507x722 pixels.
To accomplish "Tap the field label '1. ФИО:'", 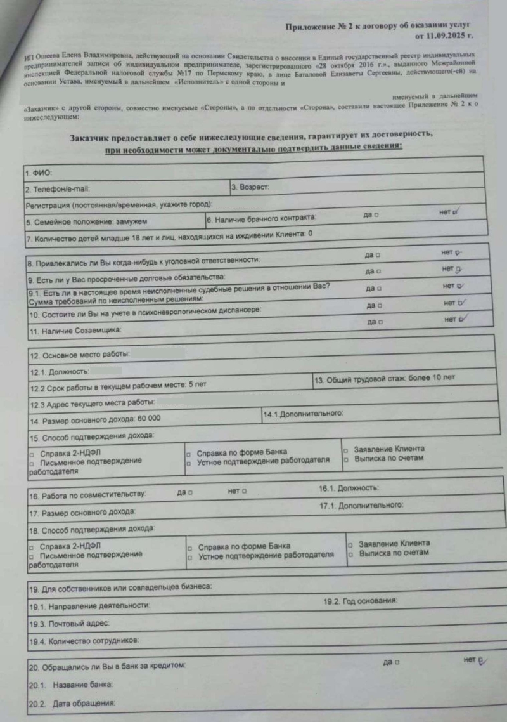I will tap(39, 173).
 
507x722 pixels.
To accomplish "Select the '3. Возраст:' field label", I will tap(250, 187).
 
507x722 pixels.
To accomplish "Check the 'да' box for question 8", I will tap(378, 255).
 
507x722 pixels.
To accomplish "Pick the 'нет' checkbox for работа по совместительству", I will tap(245, 492).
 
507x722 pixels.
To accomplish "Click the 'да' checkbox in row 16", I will tap(190, 492).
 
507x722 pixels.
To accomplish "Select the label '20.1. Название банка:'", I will tap(70, 685).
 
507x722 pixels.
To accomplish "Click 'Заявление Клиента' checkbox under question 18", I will tap(350, 544).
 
